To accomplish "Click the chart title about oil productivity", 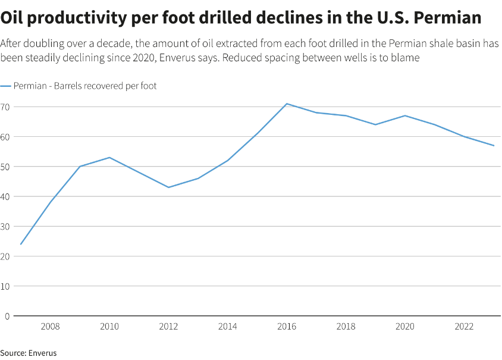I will point(241,18).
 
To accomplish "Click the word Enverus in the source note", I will point(42,353).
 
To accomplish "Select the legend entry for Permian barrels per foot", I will point(79,86).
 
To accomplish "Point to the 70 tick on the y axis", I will point(5,107).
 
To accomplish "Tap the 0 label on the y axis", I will point(7,316).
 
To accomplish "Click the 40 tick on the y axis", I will point(5,196).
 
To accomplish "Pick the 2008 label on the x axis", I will point(50,327).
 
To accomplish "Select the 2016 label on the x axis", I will point(287,327).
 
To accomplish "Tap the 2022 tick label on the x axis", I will point(464,327).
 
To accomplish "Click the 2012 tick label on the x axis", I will point(168,327).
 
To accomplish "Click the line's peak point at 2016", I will point(287,104).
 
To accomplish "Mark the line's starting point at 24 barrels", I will point(21,244).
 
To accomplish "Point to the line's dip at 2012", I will point(168,187).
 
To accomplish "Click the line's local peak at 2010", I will point(109,158).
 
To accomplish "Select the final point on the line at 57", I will point(494,146).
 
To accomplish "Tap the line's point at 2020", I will point(405,115).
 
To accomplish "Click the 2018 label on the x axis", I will point(346,327).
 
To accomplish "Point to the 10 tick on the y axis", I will point(5,286).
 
